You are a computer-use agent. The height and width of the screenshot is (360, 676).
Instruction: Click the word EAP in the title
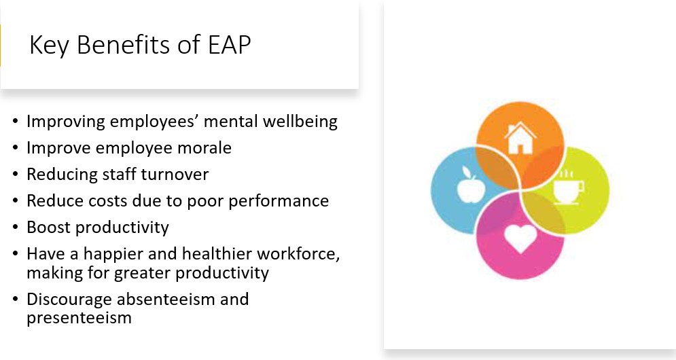click(230, 44)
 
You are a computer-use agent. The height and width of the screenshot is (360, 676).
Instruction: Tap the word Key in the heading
click(49, 46)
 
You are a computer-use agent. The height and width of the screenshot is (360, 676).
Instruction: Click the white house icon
click(520, 138)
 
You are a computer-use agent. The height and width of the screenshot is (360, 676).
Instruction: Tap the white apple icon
click(471, 185)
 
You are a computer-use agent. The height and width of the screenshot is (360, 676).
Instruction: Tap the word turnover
click(175, 175)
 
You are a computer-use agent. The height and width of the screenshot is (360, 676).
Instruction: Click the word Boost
click(48, 228)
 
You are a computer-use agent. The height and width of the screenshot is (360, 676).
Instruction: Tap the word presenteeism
click(79, 319)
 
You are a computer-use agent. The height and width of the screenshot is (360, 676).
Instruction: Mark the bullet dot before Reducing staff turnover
click(16, 175)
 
